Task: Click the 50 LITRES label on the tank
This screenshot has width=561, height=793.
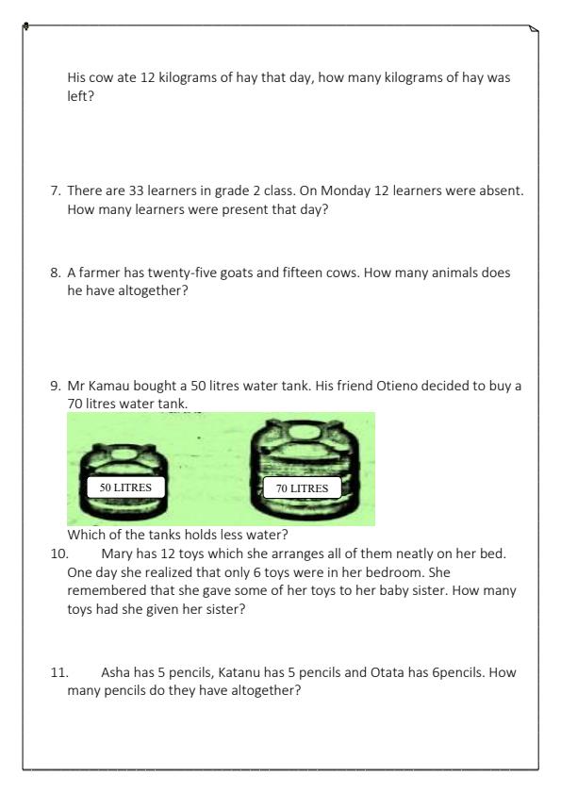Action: pyautogui.click(x=125, y=487)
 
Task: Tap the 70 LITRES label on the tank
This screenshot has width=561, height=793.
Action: pyautogui.click(x=302, y=488)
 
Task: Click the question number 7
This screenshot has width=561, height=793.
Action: pyautogui.click(x=56, y=190)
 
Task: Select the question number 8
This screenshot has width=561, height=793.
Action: pyautogui.click(x=56, y=273)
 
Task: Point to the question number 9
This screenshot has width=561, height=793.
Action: pyautogui.click(x=56, y=386)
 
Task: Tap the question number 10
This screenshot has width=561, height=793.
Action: pyautogui.click(x=59, y=553)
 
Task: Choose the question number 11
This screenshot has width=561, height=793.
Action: pyautogui.click(x=59, y=672)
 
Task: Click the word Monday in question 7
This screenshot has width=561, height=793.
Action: pyautogui.click(x=345, y=190)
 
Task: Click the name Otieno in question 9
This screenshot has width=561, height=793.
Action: pyautogui.click(x=397, y=386)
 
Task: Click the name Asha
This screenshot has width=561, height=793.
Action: pyautogui.click(x=116, y=672)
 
